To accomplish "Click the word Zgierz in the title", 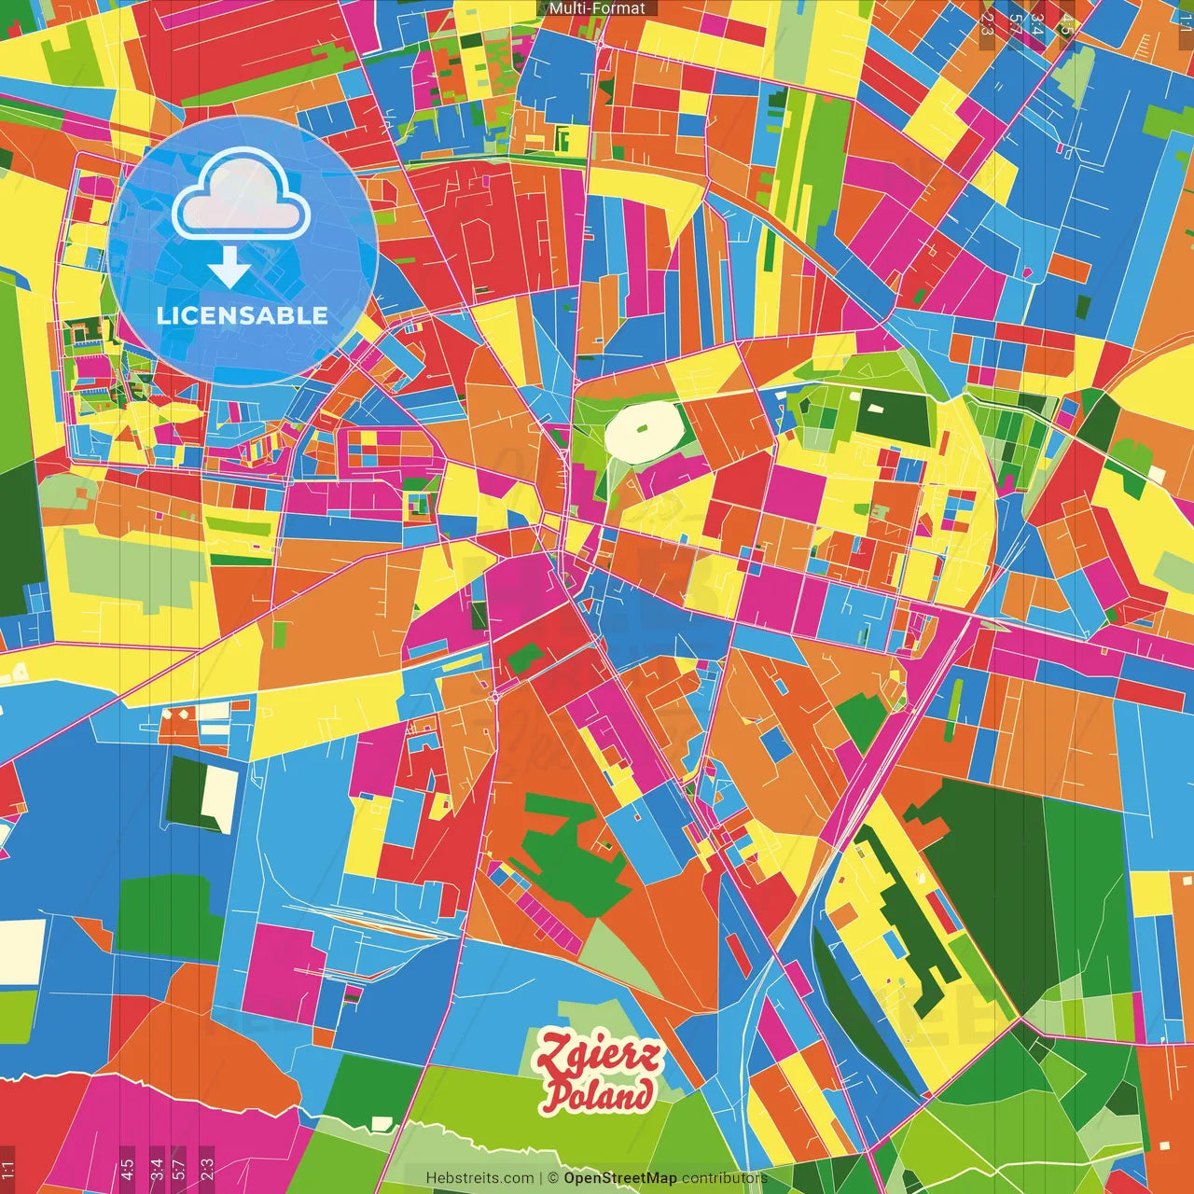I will (x=597, y=1055).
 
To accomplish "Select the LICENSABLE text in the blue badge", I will (x=243, y=315).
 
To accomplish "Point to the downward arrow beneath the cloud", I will (x=229, y=266).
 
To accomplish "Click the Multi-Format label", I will (x=597, y=8).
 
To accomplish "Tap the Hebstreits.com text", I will (x=479, y=1178).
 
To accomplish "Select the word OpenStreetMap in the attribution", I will (x=620, y=1178).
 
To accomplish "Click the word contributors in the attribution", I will (x=724, y=1178).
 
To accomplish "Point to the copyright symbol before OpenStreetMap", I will (x=553, y=1178).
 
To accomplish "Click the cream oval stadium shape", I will (x=644, y=431).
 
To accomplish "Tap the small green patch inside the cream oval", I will (x=643, y=430).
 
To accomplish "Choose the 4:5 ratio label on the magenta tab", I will (x=127, y=1167).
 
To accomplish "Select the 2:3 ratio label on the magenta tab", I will (x=206, y=1167).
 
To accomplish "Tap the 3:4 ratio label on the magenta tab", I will (x=156, y=1167).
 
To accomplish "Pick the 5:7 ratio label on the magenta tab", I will (x=179, y=1167).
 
